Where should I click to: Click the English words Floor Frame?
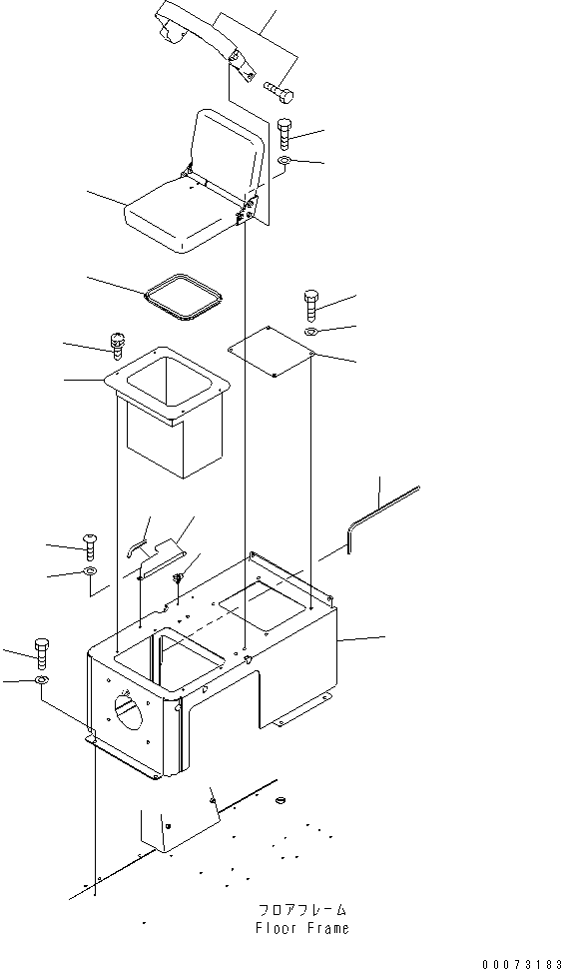pyautogui.click(x=300, y=928)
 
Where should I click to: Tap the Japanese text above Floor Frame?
pyautogui.click(x=300, y=911)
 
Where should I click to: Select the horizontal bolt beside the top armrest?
pyautogui.click(x=279, y=91)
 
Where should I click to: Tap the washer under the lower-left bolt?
pyautogui.click(x=41, y=680)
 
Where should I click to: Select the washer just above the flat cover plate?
pyautogui.click(x=310, y=331)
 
